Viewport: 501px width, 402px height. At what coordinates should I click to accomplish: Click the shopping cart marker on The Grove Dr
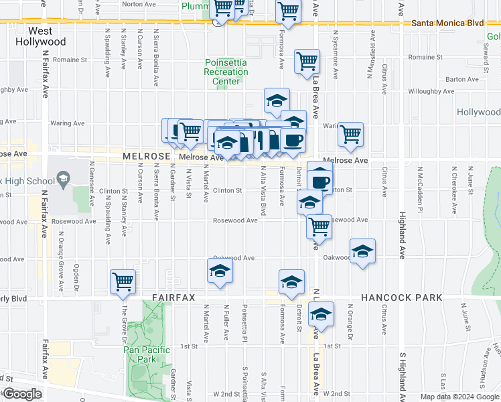123,281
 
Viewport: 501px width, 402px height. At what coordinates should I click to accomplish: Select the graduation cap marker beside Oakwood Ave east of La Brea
362,251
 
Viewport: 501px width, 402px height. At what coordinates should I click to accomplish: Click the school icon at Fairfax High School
63,178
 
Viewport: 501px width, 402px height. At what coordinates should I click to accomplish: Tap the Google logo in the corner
23,393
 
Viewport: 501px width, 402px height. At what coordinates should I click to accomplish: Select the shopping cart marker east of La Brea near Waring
350,134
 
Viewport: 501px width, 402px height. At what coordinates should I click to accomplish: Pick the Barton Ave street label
462,79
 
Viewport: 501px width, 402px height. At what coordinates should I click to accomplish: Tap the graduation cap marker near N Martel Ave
220,272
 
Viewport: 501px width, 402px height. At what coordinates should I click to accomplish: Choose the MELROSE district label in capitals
145,156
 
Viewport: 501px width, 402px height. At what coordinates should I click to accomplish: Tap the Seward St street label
485,50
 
